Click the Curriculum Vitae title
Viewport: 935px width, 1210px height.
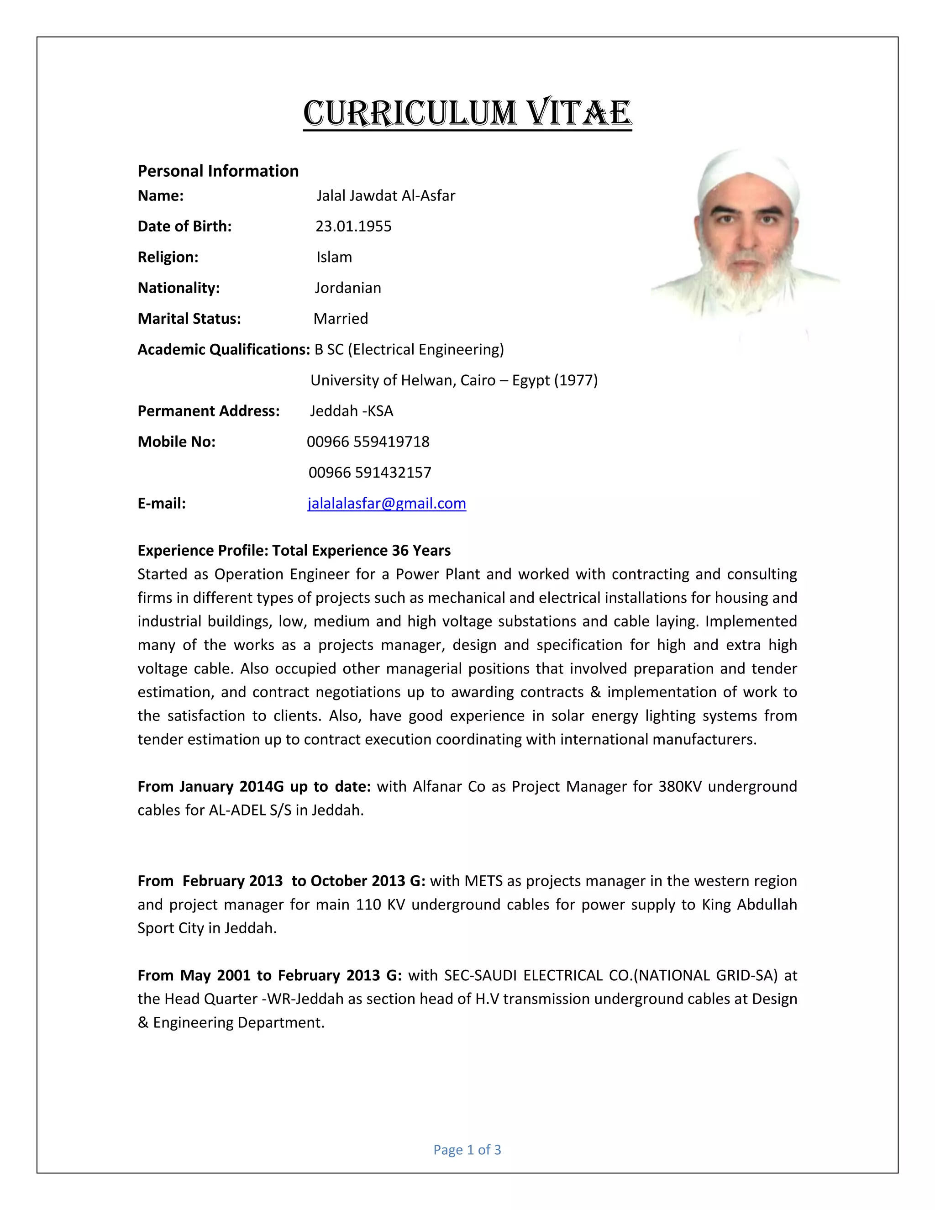467,114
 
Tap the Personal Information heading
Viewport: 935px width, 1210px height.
218,171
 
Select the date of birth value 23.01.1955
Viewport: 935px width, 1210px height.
353,226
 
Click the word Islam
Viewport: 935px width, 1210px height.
334,257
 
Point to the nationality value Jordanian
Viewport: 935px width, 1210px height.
348,288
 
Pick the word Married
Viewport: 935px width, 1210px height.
341,319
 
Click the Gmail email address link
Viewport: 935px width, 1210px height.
387,503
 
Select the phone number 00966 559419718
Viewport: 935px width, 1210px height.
368,442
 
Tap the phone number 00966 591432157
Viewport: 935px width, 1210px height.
369,473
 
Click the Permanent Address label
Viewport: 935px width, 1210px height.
208,411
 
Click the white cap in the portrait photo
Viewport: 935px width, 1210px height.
748,172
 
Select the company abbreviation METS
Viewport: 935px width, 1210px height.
484,881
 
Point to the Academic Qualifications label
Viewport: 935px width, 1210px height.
223,350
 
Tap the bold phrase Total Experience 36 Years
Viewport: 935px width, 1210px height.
361,550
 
